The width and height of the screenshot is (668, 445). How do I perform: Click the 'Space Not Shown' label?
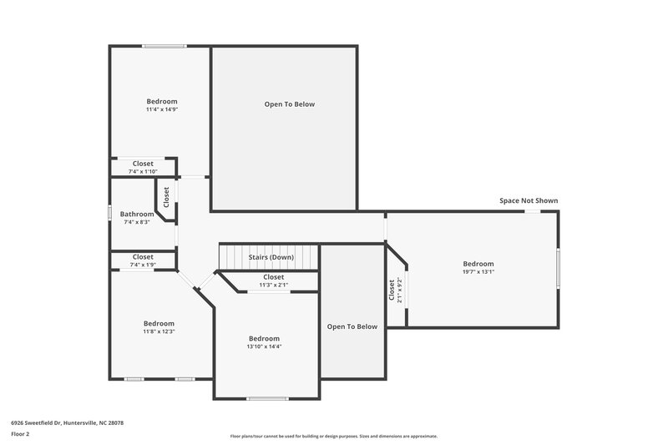[529, 200]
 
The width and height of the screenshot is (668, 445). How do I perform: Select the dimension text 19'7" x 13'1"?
[478, 271]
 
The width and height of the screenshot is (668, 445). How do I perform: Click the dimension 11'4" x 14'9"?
[162, 109]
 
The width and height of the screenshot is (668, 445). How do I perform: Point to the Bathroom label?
[137, 214]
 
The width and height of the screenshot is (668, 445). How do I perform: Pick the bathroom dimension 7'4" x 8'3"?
[137, 222]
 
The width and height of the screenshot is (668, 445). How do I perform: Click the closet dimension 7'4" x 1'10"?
[143, 171]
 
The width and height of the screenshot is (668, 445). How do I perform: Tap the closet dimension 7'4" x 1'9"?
[143, 265]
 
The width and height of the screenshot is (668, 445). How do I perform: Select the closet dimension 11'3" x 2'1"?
[273, 285]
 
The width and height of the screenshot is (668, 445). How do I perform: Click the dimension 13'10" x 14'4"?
[264, 346]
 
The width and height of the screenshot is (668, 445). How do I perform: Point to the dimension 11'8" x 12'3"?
[159, 331]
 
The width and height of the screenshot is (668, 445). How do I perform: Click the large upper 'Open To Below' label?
[290, 104]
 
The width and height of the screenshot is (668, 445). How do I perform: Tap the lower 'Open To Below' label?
[352, 326]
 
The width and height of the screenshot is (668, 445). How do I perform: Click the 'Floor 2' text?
[20, 434]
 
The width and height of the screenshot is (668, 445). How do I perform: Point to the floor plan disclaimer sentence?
[334, 436]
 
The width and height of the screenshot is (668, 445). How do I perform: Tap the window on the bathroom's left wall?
[110, 214]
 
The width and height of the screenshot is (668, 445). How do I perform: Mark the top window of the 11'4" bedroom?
[164, 46]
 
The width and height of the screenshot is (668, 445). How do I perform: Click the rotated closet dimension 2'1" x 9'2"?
[400, 290]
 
